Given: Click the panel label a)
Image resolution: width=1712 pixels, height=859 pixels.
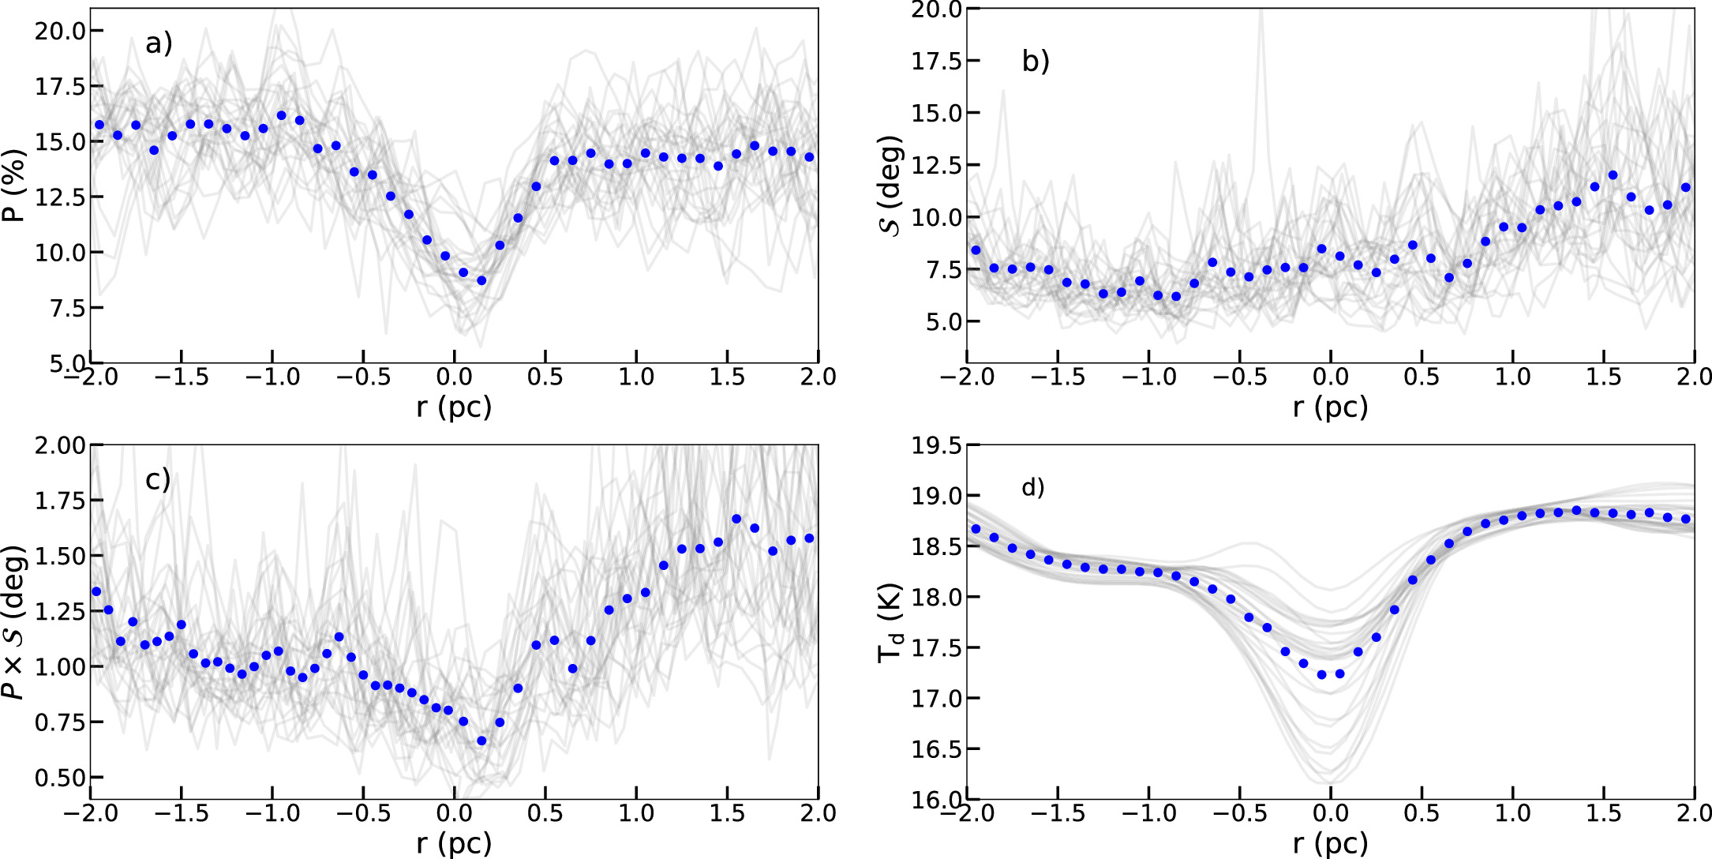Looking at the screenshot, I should point(159,43).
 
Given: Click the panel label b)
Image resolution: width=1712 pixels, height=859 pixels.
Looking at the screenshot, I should point(1036,61).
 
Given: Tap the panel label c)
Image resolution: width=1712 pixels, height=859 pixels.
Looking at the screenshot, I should point(158,479).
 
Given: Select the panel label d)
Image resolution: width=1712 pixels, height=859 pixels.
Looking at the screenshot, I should point(1033,488).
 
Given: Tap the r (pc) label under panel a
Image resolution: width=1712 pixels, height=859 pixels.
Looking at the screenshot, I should point(454,407).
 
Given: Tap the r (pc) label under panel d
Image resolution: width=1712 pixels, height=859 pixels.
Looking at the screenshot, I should point(1330,843).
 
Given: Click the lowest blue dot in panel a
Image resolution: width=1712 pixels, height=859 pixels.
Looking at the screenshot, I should point(481,280).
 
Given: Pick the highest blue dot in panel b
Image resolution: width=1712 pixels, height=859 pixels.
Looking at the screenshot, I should point(1613,175).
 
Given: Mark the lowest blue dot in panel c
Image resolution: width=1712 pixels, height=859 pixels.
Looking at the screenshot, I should point(481,741).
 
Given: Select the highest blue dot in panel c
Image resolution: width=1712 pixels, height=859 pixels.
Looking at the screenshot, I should point(736,519).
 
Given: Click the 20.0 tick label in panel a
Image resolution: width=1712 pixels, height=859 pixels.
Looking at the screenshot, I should point(60,31).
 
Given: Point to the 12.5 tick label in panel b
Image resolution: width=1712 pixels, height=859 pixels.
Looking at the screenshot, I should point(936,165).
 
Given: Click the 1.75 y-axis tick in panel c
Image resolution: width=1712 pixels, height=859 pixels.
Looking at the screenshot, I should point(60,501).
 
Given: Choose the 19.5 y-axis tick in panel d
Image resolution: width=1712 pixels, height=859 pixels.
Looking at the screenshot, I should point(936,446).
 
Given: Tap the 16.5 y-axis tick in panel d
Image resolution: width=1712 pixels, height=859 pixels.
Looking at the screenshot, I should point(936,749).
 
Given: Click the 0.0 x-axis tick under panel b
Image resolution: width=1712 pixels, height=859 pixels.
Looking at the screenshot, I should point(1330,377).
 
